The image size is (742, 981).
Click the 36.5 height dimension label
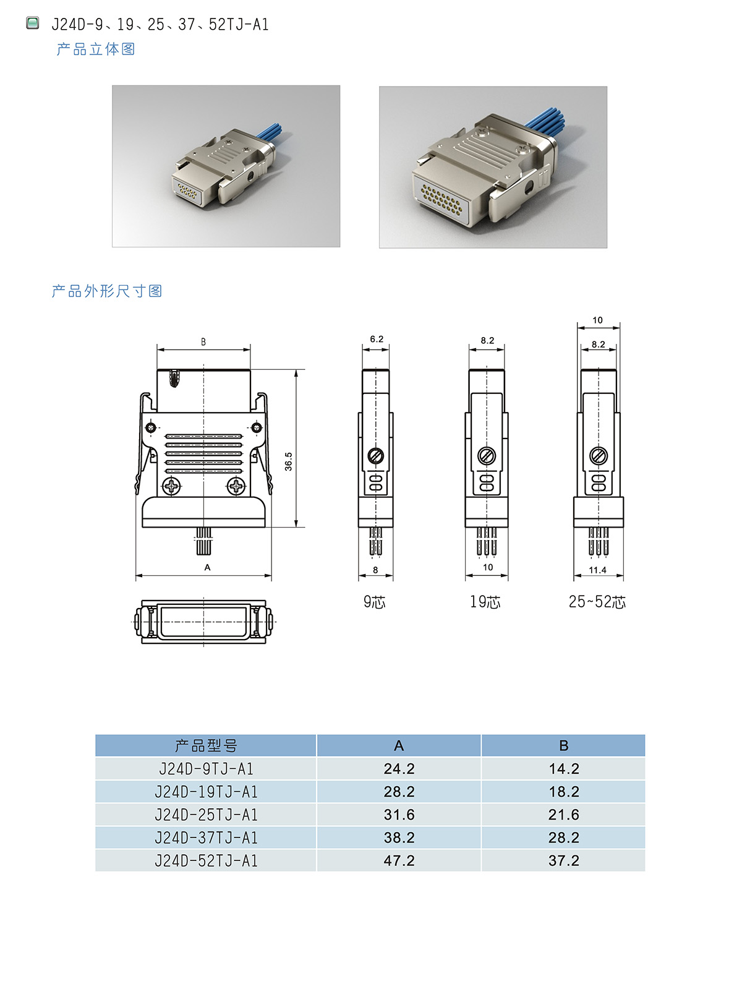[288, 461]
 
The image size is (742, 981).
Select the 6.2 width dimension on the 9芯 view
[377, 339]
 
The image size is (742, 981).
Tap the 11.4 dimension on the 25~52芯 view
[597, 570]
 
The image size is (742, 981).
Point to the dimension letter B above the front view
[203, 342]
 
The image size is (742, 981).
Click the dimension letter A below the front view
[207, 567]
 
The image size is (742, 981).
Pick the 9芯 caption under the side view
[374, 602]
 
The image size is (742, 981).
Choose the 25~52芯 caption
[597, 602]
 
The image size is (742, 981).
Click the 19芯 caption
[485, 602]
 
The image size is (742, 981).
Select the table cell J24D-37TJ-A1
[206, 837]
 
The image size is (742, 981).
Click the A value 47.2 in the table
[399, 860]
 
